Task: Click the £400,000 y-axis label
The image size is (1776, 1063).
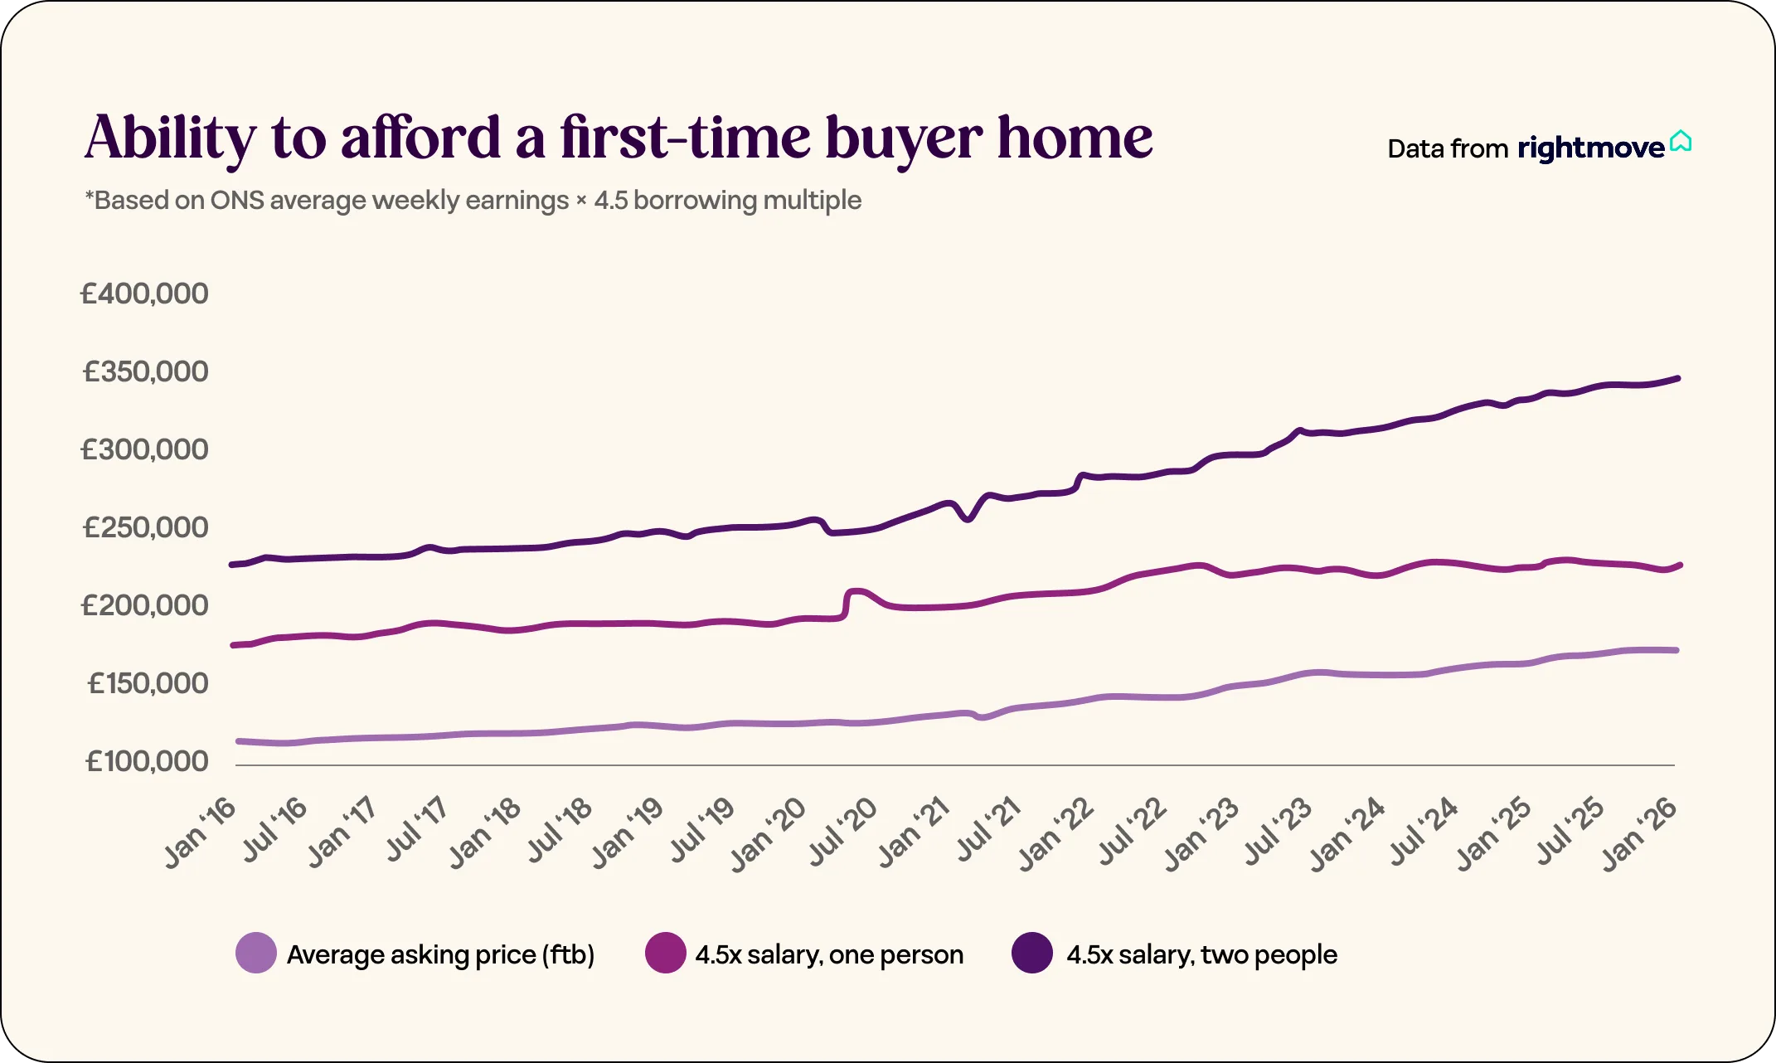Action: [144, 294]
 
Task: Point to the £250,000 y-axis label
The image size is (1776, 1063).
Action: [145, 527]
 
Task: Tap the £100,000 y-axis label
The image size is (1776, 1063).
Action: [147, 761]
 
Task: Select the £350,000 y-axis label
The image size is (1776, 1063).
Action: [145, 371]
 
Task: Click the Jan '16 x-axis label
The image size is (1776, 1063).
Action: [200, 833]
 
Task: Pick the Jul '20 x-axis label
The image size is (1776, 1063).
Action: [842, 833]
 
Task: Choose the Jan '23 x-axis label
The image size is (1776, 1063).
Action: [1201, 833]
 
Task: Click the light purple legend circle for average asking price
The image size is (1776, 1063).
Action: [256, 954]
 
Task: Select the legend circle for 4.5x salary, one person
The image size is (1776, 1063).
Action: [665, 954]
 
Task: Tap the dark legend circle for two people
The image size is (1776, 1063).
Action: [1032, 954]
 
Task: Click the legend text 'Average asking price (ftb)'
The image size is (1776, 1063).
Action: [440, 954]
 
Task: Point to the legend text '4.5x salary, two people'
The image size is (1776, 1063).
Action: [1201, 954]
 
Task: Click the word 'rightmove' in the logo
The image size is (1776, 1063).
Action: [1590, 148]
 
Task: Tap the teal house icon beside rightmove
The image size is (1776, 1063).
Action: [1681, 142]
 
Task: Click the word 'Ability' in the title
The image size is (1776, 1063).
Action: [170, 138]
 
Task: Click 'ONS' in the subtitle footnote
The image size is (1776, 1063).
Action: [237, 201]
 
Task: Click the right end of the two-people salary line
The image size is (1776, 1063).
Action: [1678, 379]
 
